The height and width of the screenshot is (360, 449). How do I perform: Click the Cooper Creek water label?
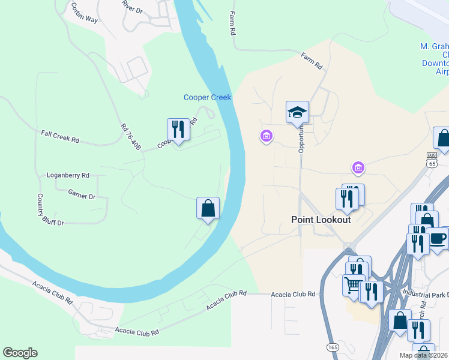[x=207, y=97]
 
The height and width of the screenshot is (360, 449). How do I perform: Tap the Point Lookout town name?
[x=321, y=220]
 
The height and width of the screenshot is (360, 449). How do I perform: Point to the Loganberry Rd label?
[x=68, y=175]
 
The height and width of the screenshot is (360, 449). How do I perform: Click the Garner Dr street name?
[x=82, y=196]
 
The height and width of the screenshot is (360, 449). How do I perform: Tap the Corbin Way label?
[x=84, y=11]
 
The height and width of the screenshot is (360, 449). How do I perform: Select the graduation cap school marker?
[x=297, y=112]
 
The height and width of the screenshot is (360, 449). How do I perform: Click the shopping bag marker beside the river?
[x=207, y=208]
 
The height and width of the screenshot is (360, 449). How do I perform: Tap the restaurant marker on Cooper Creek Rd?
[x=178, y=128]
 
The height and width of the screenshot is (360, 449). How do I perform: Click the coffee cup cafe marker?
[x=437, y=238]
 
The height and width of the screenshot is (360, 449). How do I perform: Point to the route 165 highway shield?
[x=332, y=347]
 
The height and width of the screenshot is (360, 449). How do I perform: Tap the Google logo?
[x=20, y=353]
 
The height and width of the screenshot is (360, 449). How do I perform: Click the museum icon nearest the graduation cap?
[x=267, y=136]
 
